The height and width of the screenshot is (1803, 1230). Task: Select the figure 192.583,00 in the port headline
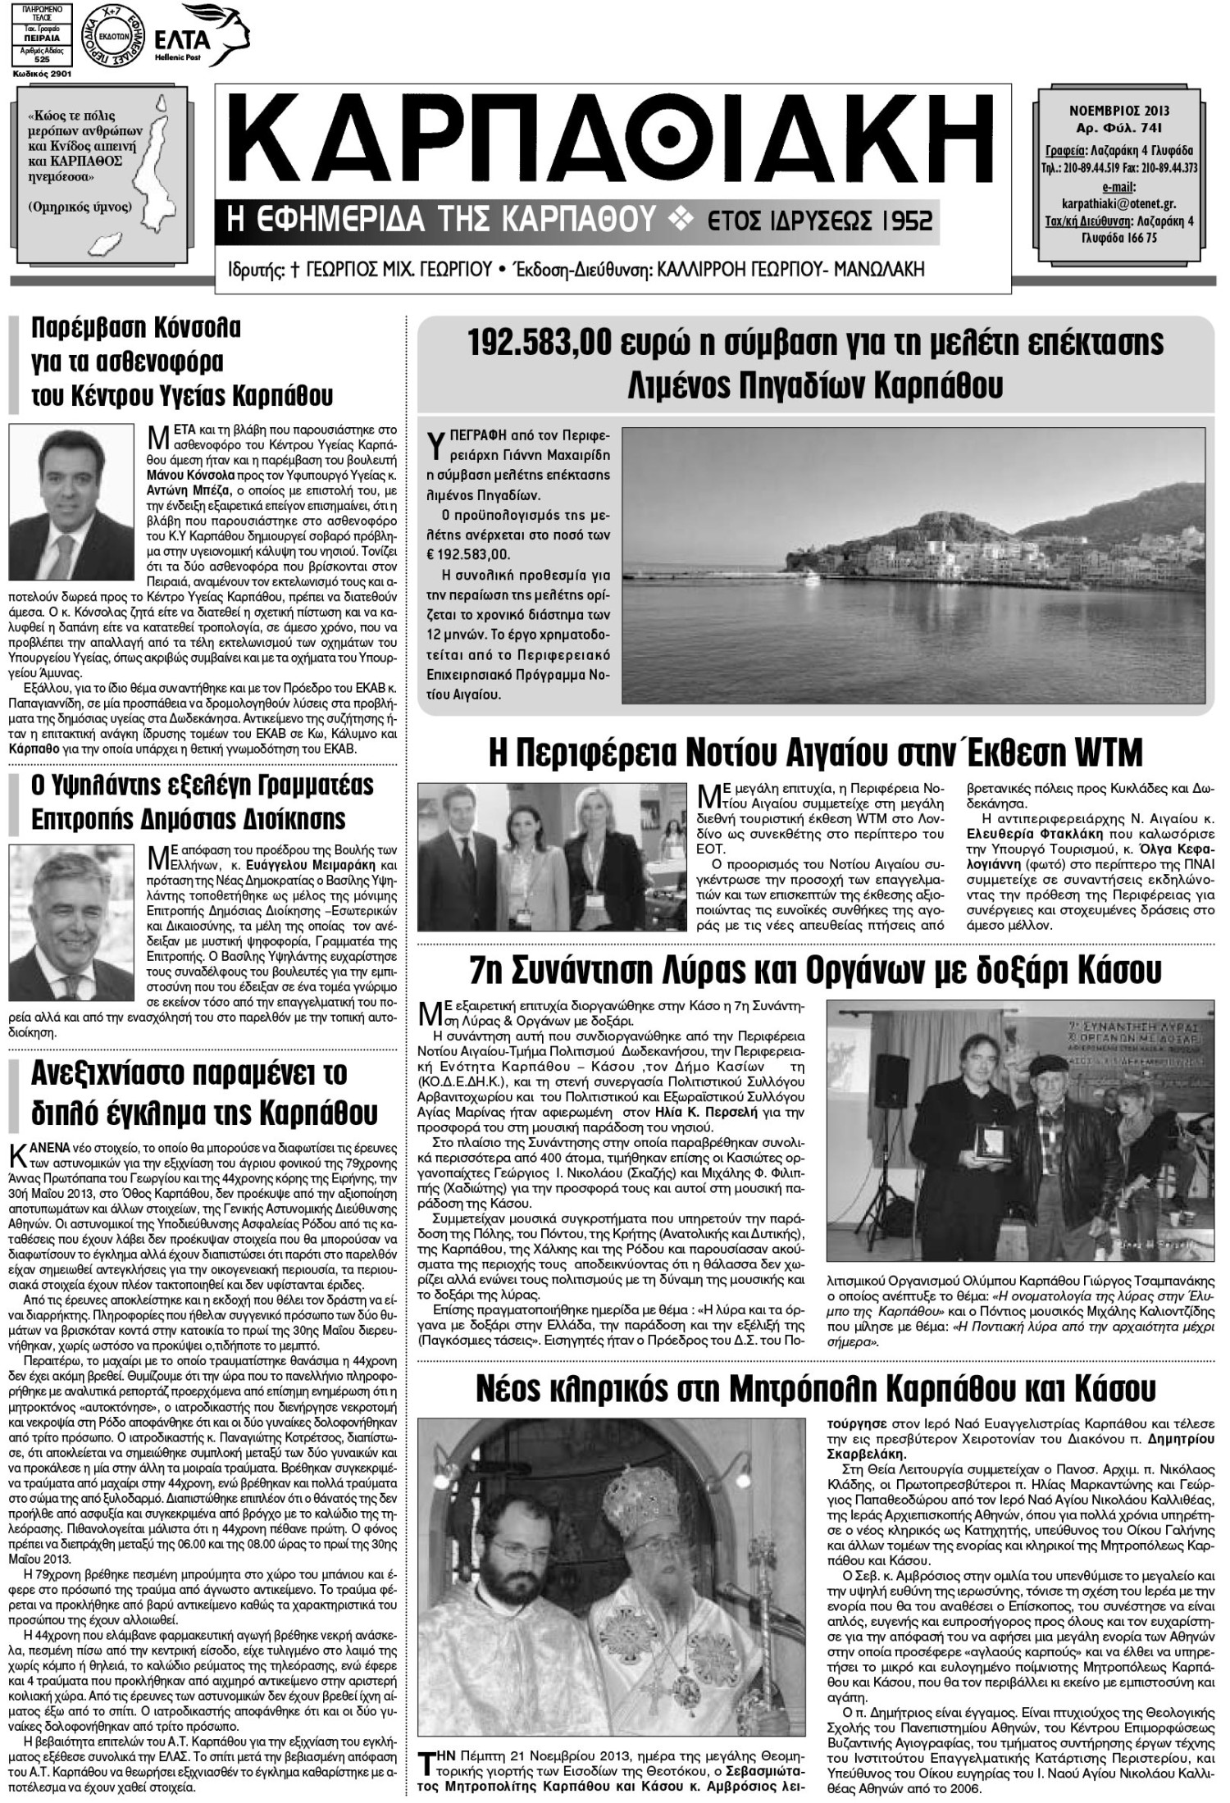539,343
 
